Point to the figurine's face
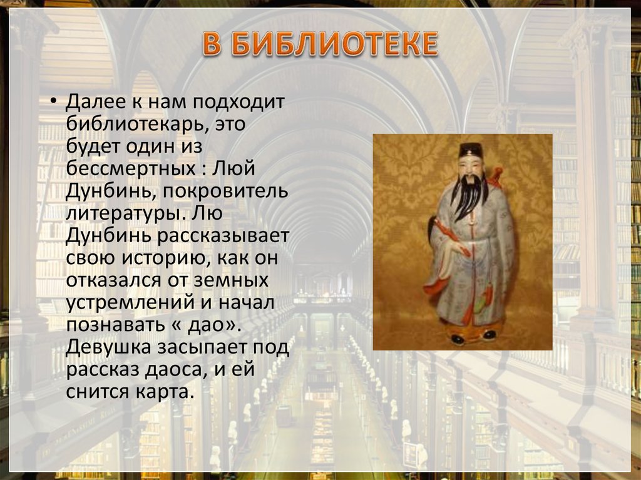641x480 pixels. coord(469,166)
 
